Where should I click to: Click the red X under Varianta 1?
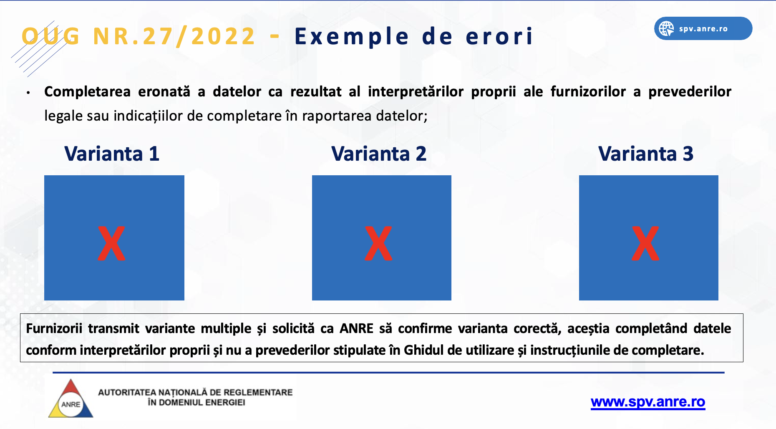(x=111, y=243)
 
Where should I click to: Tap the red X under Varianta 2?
(x=378, y=243)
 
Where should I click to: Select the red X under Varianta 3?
(x=645, y=243)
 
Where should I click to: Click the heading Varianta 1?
(x=112, y=154)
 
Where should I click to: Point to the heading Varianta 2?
(x=379, y=154)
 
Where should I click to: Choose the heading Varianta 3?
(x=646, y=154)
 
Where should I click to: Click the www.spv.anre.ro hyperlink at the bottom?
(x=648, y=401)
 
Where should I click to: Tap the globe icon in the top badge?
(x=666, y=29)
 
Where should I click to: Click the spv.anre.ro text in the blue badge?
(x=703, y=29)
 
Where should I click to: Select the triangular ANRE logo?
(x=71, y=399)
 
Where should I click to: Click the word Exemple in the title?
(x=352, y=36)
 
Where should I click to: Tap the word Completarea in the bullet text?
(x=88, y=91)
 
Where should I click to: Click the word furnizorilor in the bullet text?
(x=588, y=91)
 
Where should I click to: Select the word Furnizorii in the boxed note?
(x=54, y=328)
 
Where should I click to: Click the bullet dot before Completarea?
(x=28, y=93)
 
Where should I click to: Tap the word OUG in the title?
(x=50, y=36)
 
